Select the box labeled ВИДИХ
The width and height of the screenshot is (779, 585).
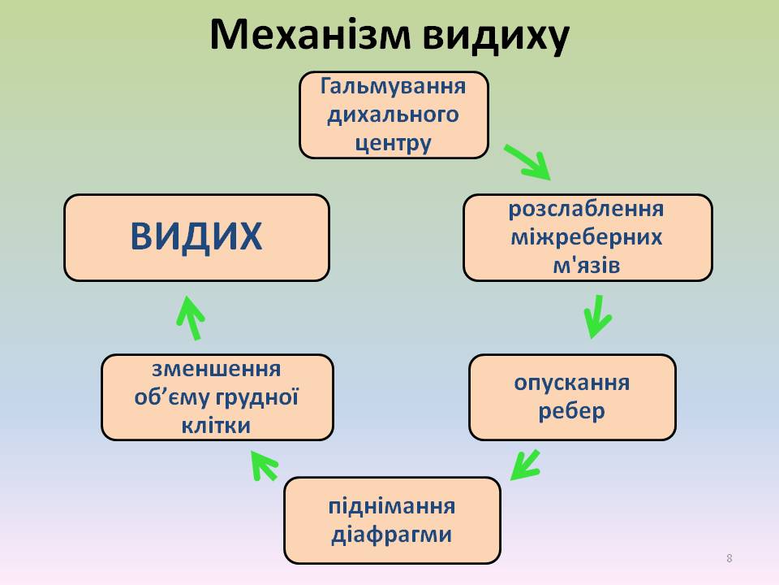pos(196,237)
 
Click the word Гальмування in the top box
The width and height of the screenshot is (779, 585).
pos(394,85)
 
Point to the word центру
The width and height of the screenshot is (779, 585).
pos(394,143)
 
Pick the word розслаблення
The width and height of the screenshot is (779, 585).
pos(587,209)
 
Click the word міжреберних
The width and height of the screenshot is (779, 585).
pos(587,237)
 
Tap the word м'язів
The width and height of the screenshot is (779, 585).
pos(587,265)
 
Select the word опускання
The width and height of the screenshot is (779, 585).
pos(572,382)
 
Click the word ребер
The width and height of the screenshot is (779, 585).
pos(572,410)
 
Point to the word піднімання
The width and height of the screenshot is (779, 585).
pos(392,506)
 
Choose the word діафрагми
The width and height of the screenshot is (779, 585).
pos(392,535)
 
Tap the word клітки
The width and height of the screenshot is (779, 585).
pos(217,425)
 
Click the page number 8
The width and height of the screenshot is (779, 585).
pos(730,557)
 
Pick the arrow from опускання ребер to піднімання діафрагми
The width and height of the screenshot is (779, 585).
pos(525,465)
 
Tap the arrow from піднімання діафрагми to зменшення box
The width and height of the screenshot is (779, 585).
pos(264,466)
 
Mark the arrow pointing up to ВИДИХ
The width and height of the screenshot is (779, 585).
pos(191,317)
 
